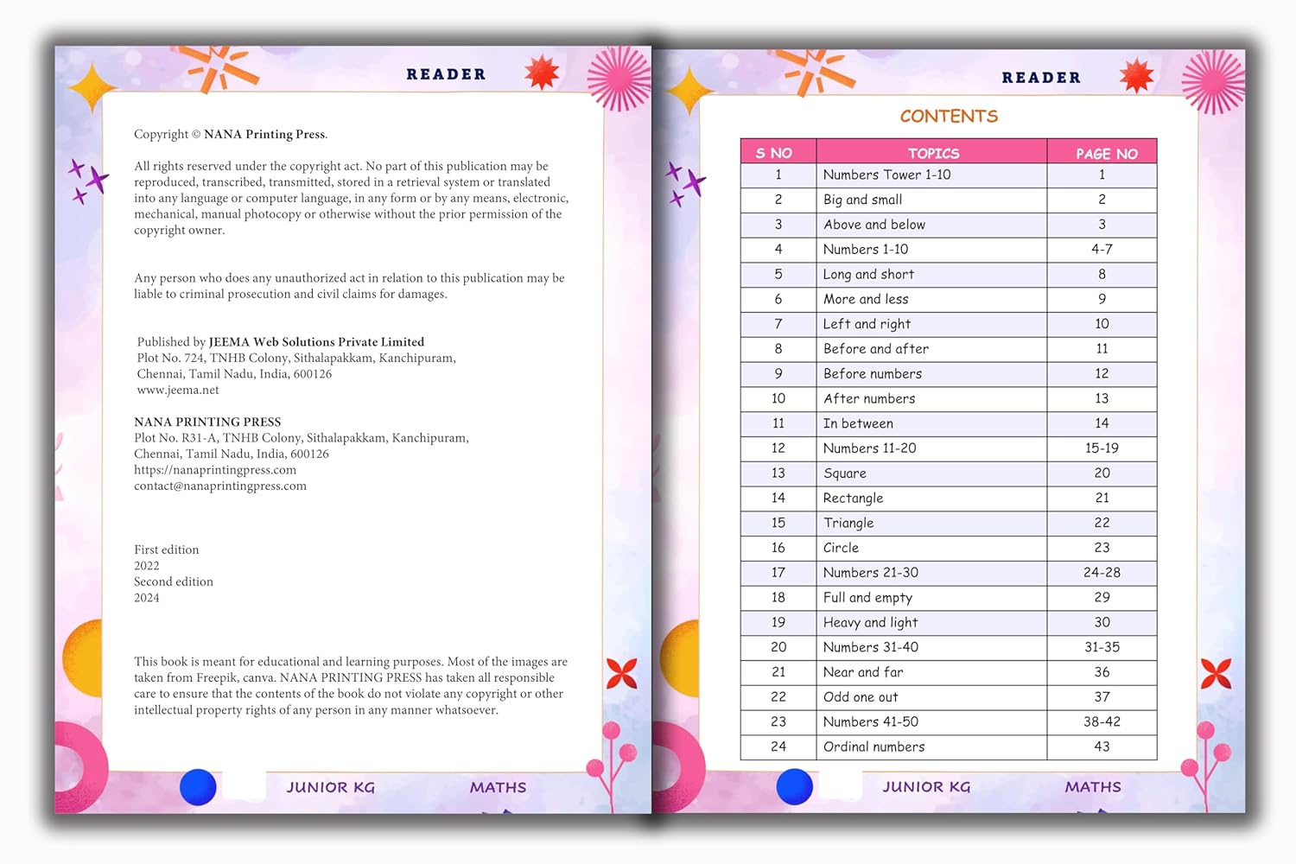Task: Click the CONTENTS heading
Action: tap(949, 116)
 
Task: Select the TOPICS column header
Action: tap(933, 153)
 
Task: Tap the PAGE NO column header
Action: tap(1106, 153)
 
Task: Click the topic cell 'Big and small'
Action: tap(862, 200)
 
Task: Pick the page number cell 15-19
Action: tap(1102, 448)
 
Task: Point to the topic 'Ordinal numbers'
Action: tap(874, 746)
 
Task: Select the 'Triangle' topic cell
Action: tap(848, 523)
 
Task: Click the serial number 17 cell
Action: tap(778, 573)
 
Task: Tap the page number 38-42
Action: tap(1102, 721)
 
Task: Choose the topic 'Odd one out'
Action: tap(861, 697)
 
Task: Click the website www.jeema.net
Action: tap(178, 390)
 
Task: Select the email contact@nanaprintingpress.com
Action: tap(220, 486)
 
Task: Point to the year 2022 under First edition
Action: tap(147, 566)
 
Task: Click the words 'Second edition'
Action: tap(174, 581)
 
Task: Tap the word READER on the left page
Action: tap(446, 74)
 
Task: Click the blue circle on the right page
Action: tap(794, 786)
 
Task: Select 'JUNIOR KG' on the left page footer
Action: tap(330, 787)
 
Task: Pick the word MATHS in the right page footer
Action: tap(1092, 787)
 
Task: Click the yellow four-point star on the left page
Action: tap(92, 87)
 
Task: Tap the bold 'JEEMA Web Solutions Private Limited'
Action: tap(316, 342)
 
